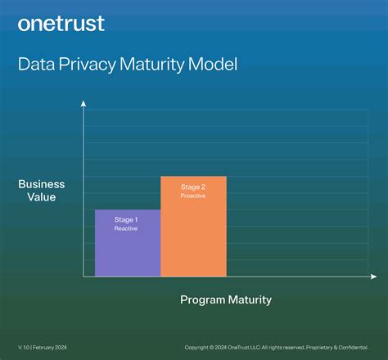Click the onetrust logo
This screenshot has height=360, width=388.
tap(61, 23)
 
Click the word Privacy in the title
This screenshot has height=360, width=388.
tap(88, 65)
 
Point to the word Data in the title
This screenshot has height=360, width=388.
tap(35, 65)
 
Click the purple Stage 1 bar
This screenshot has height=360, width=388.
tap(128, 250)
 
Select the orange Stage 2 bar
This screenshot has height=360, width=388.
tap(193, 237)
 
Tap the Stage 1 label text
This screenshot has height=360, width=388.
tap(125, 219)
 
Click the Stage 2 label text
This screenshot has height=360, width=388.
tap(193, 187)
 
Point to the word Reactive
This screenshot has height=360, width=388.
tap(125, 228)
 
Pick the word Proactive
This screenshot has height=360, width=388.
tap(193, 196)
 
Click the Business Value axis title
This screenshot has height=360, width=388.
tap(41, 191)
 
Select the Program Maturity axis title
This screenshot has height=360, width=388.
tap(225, 299)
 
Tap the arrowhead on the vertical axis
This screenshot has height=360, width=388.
tap(83, 103)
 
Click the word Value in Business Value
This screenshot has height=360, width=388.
tap(41, 197)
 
